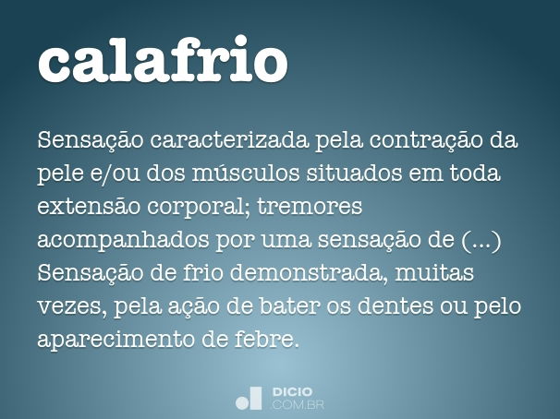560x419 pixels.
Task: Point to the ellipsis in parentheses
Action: point(480,241)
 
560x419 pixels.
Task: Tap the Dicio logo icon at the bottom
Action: point(250,398)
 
